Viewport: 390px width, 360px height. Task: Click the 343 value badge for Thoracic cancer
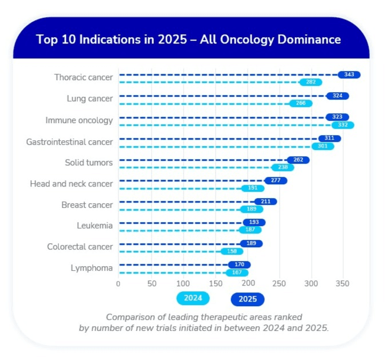[349, 74]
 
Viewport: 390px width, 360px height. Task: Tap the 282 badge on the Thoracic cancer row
[311, 82]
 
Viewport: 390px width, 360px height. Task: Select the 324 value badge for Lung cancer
[337, 96]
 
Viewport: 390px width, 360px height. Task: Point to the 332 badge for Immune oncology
[343, 125]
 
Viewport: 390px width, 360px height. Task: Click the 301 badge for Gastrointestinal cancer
[323, 146]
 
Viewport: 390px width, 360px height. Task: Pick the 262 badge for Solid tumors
[298, 160]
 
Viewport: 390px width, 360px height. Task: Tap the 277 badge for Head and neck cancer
[276, 180]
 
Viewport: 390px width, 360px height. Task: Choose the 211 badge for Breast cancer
[265, 201]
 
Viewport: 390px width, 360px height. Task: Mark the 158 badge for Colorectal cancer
[232, 251]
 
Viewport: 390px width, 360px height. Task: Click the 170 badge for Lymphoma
[239, 264]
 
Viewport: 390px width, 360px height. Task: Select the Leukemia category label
[94, 226]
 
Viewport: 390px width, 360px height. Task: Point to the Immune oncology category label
[79, 121]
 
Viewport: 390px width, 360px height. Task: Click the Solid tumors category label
[89, 163]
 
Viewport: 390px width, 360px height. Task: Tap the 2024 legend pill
[193, 298]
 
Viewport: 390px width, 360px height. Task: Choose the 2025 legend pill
[247, 299]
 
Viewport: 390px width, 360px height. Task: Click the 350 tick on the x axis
[343, 283]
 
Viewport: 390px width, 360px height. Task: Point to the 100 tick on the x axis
[182, 283]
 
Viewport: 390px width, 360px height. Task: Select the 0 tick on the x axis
[118, 283]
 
